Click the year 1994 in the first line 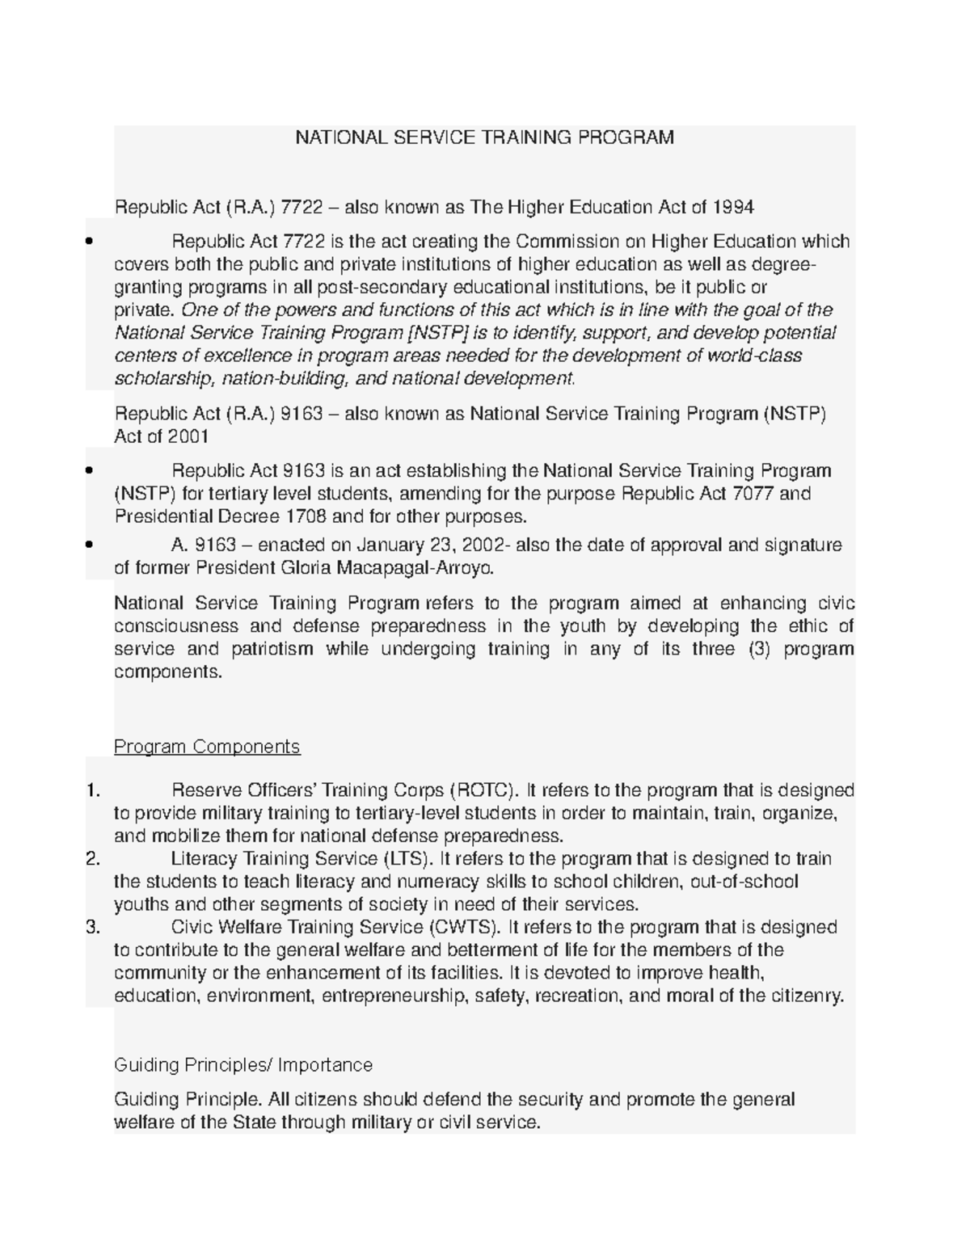(733, 208)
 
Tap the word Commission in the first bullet (557, 242)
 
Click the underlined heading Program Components (207, 747)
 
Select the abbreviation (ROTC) (482, 790)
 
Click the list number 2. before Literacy (92, 858)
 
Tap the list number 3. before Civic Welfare (92, 927)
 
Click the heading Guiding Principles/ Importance (243, 1065)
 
